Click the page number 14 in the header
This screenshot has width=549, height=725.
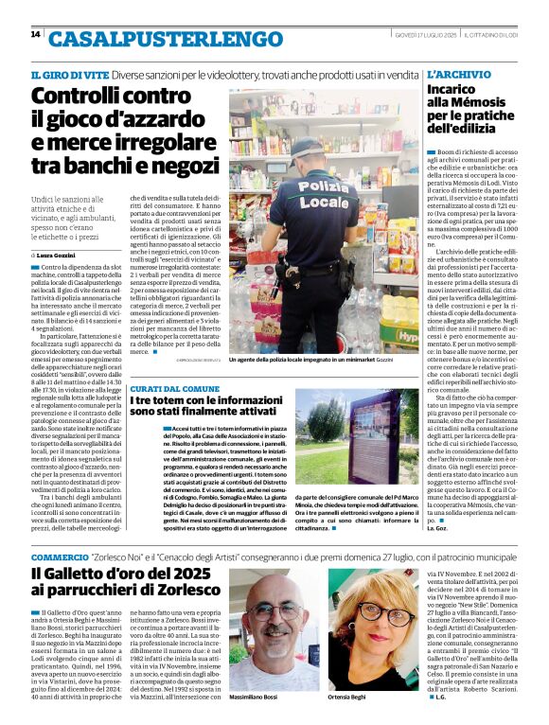pyautogui.click(x=35, y=35)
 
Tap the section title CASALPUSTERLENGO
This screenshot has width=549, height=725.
pyautogui.click(x=151, y=39)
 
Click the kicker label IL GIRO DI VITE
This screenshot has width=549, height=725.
pyautogui.click(x=68, y=74)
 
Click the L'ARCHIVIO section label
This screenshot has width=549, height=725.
pyautogui.click(x=459, y=74)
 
